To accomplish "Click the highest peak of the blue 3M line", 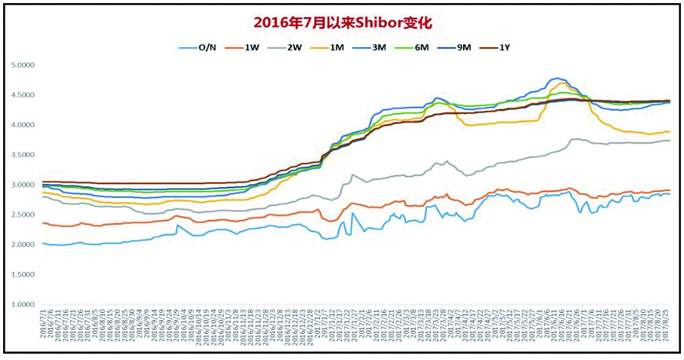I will tap(557, 79).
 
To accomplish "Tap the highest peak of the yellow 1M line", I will tap(562, 83).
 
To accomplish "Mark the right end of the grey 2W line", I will tap(670, 141).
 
